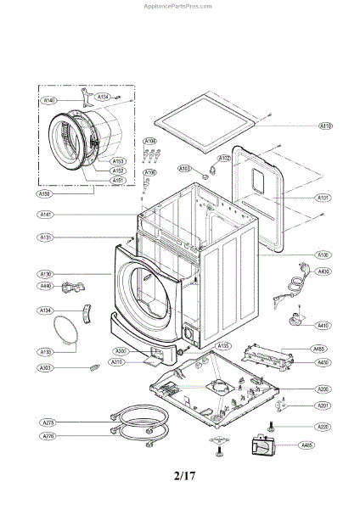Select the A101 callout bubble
coord(323,199)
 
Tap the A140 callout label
coord(49,100)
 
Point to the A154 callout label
coord(103,98)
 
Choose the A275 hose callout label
coord(48,422)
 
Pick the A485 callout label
coord(307,445)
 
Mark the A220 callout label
coord(323,427)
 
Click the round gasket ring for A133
coord(65,333)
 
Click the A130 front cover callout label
coord(47,273)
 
